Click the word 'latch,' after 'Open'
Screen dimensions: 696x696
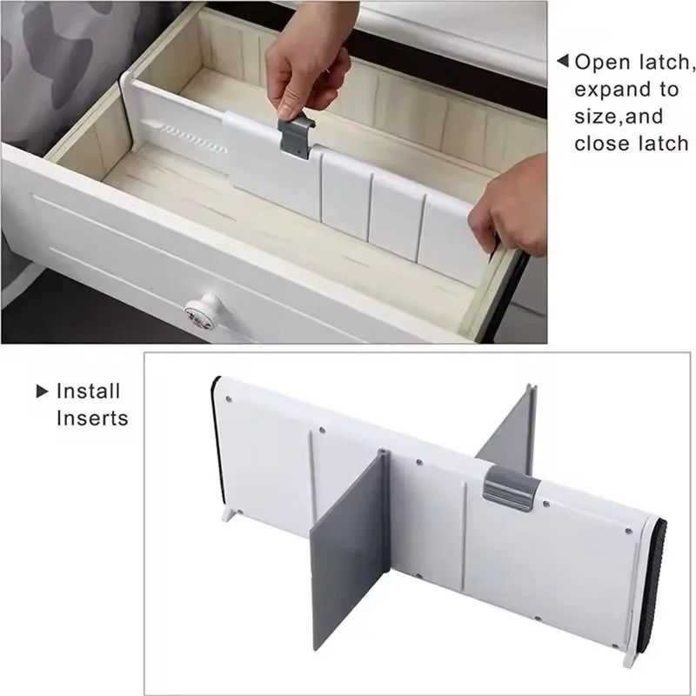click(666, 63)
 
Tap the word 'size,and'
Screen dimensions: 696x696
click(619, 117)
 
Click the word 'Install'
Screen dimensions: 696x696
click(88, 391)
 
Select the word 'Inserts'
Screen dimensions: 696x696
click(92, 418)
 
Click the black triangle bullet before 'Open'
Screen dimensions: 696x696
click(562, 62)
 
